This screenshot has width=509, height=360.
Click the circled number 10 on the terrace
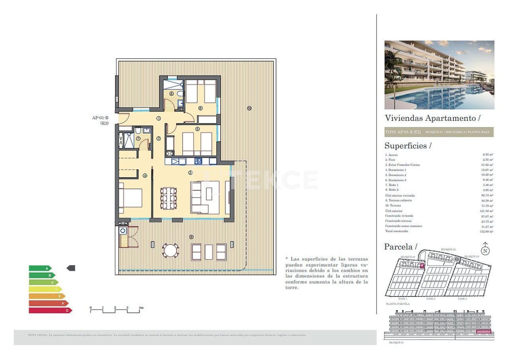pyautogui.click(x=249, y=108)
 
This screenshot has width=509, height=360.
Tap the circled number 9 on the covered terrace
pyautogui.click(x=191, y=237)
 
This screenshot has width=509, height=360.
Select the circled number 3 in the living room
pyautogui.click(x=190, y=172)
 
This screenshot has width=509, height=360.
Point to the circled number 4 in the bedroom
pyautogui.click(x=145, y=175)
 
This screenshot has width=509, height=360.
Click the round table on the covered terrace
pyautogui.click(x=170, y=250)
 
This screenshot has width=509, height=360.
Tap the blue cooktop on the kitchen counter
pyautogui.click(x=198, y=161)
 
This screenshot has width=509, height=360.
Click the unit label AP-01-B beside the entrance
pyautogui.click(x=100, y=118)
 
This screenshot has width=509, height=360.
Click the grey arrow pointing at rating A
pyautogui.click(x=71, y=268)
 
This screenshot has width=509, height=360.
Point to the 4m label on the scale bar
pyautogui.click(x=140, y=308)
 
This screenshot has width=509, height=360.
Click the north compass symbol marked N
pyautogui.click(x=485, y=250)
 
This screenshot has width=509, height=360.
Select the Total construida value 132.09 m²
pyautogui.click(x=486, y=231)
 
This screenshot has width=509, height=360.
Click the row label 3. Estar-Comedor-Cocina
pyautogui.click(x=402, y=165)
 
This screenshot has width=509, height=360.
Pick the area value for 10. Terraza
pyautogui.click(x=487, y=206)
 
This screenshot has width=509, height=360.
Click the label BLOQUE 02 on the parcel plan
pyautogui.click(x=448, y=250)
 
